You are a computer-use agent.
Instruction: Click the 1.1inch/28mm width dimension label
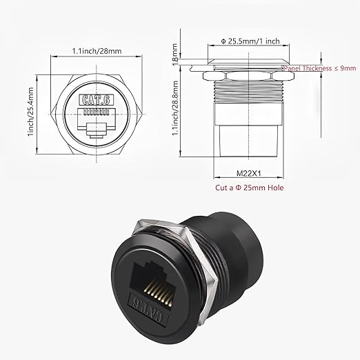pos(97,51)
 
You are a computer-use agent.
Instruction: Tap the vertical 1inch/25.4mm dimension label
pos(30,112)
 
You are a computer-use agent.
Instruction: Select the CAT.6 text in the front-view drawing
pos(97,100)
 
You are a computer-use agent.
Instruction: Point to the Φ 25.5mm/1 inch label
pos(250,41)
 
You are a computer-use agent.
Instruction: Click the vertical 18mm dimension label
pos(175,54)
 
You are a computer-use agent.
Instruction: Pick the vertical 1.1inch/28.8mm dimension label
pos(175,108)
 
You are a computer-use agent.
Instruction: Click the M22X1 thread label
pos(249,173)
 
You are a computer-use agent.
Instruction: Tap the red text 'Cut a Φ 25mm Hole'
pos(250,188)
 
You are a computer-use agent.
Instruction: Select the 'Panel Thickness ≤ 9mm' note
pos(320,68)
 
